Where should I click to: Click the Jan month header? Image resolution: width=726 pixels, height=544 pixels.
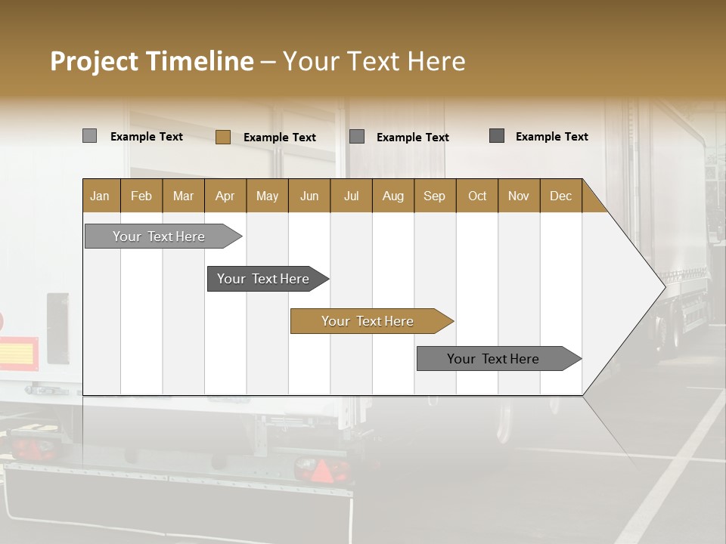tap(100, 196)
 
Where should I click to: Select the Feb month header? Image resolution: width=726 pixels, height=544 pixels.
tap(141, 196)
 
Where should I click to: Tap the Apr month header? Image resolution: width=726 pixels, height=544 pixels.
tap(225, 196)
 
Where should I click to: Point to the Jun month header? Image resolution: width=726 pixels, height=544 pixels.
tap(309, 196)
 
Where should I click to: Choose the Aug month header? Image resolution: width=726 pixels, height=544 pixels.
tap(392, 196)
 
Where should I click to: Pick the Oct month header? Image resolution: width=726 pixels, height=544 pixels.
tap(477, 196)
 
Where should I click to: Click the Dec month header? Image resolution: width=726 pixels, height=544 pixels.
tap(560, 196)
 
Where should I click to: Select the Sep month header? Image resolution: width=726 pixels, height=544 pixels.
tap(434, 196)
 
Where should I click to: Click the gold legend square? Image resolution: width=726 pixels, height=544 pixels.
tap(222, 137)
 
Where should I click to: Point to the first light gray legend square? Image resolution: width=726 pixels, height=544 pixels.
tap(89, 136)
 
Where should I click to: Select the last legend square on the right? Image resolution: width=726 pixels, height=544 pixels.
tap(497, 136)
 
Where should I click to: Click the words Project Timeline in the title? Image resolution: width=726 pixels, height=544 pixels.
tap(152, 61)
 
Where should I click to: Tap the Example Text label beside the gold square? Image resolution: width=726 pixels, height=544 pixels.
tap(280, 138)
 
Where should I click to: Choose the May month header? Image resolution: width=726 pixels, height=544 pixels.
tap(267, 196)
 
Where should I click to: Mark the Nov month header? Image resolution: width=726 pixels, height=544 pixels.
tap(519, 196)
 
